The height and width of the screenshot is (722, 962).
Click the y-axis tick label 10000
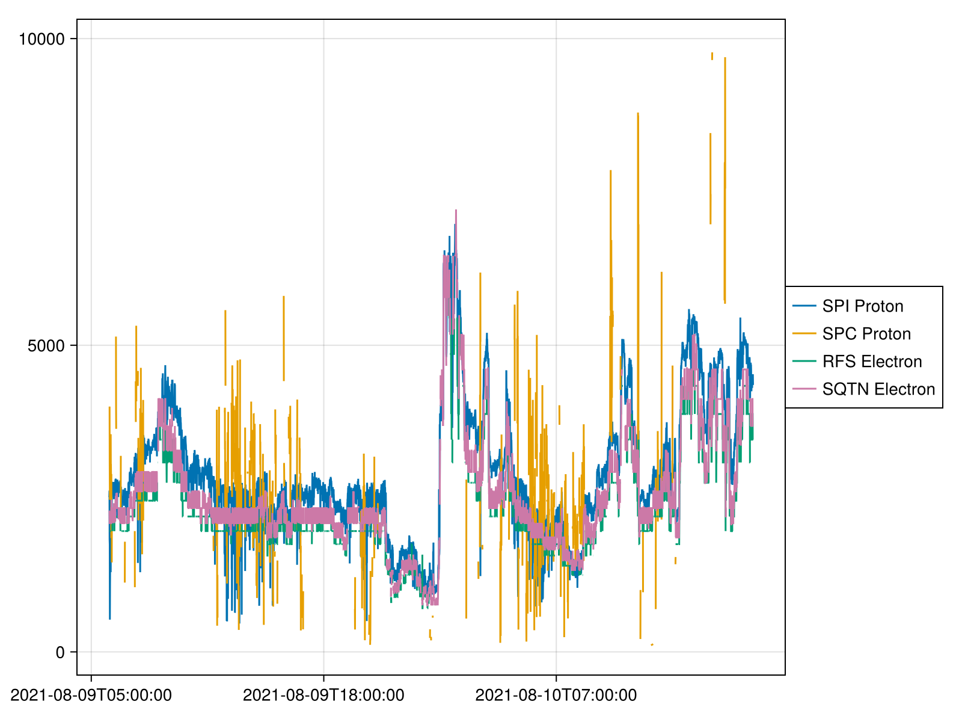(41, 39)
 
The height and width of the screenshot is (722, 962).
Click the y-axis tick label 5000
(46, 346)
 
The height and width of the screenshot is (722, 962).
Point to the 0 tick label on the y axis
(60, 652)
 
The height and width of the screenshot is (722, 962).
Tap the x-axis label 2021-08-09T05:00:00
(91, 696)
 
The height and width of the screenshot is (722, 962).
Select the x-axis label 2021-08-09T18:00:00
(323, 696)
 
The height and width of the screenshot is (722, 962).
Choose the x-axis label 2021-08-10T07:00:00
(556, 696)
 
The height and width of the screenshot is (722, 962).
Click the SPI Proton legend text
(862, 306)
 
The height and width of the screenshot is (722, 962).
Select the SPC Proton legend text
(866, 334)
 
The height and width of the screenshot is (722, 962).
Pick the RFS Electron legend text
(872, 362)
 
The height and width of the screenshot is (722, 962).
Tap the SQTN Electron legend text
(878, 389)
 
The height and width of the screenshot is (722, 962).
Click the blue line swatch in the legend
(804, 306)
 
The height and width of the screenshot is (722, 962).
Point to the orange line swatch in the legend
(804, 334)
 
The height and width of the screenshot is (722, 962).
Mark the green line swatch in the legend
(804, 362)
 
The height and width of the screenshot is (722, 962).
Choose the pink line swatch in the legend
(804, 389)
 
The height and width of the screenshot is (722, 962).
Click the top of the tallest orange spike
(725, 58)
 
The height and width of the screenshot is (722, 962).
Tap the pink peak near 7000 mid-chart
(456, 211)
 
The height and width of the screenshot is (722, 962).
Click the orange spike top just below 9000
(638, 114)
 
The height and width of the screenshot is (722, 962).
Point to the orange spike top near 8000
(610, 171)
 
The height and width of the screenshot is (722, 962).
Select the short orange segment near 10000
(712, 55)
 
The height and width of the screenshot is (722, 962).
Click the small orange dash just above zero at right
(652, 645)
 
